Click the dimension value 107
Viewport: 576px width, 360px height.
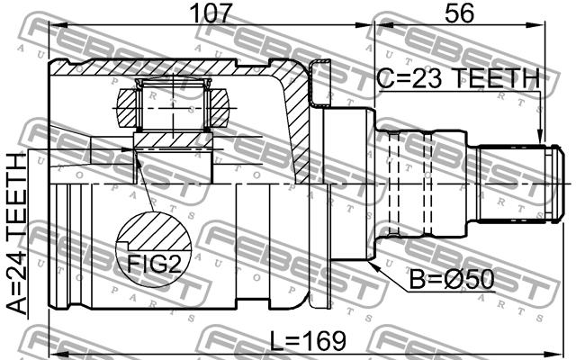pos(211,13)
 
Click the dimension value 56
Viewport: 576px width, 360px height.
pos(459,13)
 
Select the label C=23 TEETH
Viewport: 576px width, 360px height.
pos(458,79)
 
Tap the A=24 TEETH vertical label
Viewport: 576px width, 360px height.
pos(18,234)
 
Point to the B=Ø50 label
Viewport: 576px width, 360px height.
pos(452,280)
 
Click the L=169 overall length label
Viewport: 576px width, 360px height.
pos(308,340)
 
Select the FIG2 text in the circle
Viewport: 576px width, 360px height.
pos(154,263)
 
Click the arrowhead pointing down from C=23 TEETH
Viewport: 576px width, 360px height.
pos(540,137)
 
